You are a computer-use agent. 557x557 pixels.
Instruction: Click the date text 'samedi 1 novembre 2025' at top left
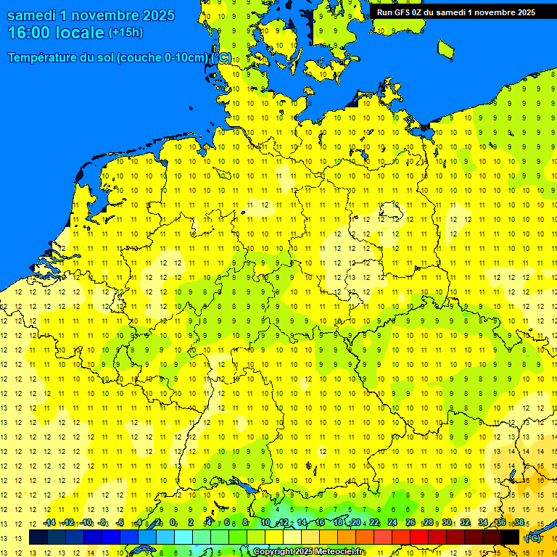tap(91, 15)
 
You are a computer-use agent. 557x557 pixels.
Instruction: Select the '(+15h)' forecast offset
tap(125, 33)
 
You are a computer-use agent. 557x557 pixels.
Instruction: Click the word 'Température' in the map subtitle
tap(44, 58)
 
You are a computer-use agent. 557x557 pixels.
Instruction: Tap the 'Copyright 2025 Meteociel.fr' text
tap(309, 552)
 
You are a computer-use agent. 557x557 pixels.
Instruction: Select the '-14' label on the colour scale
tap(49, 523)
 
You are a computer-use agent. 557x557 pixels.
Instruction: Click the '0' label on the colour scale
tap(173, 523)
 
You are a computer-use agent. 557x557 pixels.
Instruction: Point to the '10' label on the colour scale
tap(265, 523)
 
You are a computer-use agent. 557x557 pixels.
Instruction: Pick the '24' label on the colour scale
tap(392, 523)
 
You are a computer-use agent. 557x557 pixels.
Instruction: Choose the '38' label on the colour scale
tap(519, 523)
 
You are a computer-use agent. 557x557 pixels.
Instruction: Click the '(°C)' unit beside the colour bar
tap(533, 538)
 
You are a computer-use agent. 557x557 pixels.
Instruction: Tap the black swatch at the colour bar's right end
tap(510, 537)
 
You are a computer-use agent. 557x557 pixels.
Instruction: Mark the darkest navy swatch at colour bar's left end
tap(38, 537)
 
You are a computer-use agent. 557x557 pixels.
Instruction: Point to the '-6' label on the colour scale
tap(120, 523)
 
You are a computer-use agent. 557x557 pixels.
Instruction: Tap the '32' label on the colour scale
tap(465, 523)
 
